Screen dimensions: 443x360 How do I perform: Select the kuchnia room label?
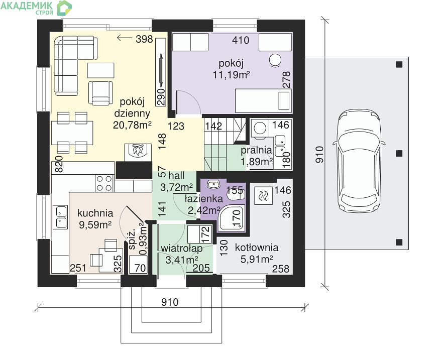tap(95, 213)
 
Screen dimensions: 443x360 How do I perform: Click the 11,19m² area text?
tap(232, 75)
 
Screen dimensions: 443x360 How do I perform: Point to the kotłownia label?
tap(257, 248)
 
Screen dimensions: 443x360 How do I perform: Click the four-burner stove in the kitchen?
tap(104, 183)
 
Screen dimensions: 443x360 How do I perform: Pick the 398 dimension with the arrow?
tap(135, 39)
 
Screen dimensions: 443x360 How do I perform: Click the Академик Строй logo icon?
tap(64, 8)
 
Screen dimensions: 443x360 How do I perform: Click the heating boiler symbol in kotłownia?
tap(263, 195)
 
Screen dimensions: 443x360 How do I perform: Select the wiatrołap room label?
tap(182, 249)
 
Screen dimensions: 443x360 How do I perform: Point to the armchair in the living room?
tap(100, 93)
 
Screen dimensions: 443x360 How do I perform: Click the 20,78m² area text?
tap(132, 125)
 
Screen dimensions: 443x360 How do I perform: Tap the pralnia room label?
tap(256, 150)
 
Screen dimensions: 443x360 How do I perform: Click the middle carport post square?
tap(399, 153)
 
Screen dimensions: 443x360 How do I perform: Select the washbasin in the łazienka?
tap(214, 185)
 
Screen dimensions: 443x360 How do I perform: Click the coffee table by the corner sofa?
tap(100, 70)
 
